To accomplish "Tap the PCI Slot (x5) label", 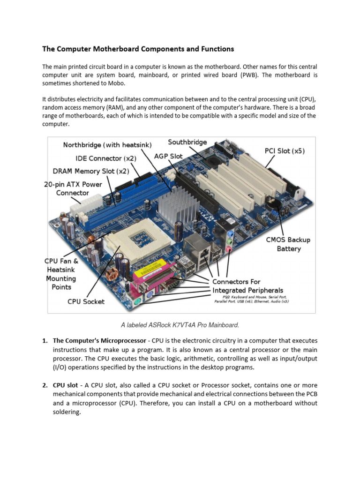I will (285, 151).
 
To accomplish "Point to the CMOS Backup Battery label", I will (288, 244).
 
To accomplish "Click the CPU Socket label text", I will (86, 301).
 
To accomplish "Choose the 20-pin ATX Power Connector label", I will (73, 188).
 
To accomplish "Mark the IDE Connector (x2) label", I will (106, 158).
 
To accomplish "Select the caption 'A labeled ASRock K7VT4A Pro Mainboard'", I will (180, 324).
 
